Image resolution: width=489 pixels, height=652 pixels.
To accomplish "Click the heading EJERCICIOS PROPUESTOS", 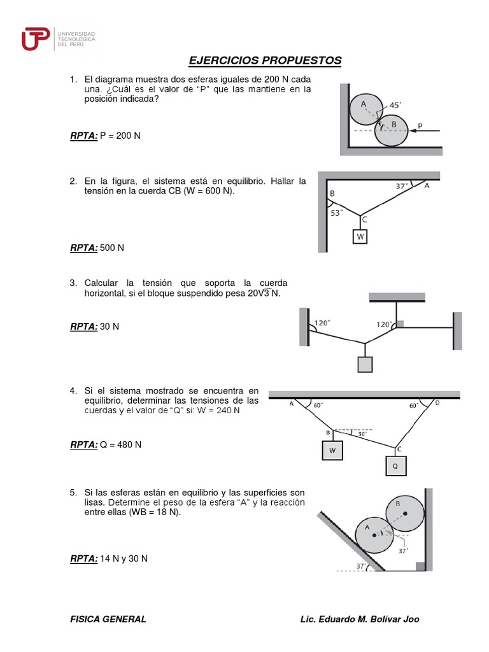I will tap(265, 60).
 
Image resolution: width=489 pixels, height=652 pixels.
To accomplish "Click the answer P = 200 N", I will tap(120, 136).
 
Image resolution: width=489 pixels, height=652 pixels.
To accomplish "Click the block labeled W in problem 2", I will tap(360, 236).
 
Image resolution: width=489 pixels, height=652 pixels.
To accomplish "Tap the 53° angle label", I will tap(337, 214).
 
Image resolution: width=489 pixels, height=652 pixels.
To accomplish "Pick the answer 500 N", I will tap(112, 248).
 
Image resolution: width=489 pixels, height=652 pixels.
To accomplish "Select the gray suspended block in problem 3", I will tap(365, 364).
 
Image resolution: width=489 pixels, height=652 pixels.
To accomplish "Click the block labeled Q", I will tap(395, 465).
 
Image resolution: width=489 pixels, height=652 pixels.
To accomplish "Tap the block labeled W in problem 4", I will tap(332, 450).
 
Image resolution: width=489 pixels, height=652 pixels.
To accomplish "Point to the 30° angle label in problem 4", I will tap(362, 435).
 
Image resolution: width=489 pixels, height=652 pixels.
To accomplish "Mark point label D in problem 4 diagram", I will tap(437, 403).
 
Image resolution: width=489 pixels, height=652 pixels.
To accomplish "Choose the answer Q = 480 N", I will tap(120, 444).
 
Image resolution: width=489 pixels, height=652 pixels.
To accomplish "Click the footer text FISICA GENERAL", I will tap(108, 619).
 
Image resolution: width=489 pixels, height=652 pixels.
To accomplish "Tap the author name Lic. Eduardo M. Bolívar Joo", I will tap(359, 619).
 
